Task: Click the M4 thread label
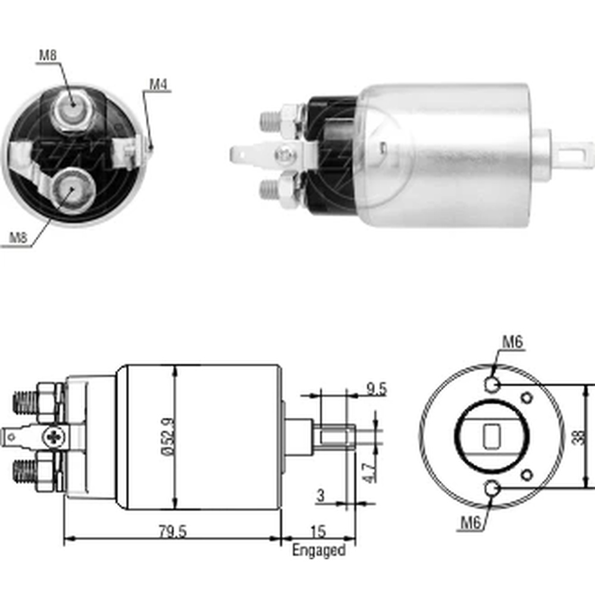click(x=158, y=84)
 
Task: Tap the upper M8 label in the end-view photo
click(x=48, y=55)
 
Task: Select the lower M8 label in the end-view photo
click(x=18, y=238)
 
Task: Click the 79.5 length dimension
click(x=173, y=531)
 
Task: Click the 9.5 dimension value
click(x=376, y=389)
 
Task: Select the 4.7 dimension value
click(x=369, y=473)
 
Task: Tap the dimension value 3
click(x=321, y=496)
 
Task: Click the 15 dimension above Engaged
click(x=318, y=531)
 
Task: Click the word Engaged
click(x=319, y=550)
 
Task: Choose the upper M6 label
click(x=513, y=342)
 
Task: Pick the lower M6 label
click(x=471, y=523)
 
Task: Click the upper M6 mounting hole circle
click(x=492, y=385)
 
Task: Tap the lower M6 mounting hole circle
click(x=492, y=488)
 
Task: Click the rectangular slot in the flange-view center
click(x=492, y=437)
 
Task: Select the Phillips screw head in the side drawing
click(x=54, y=437)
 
